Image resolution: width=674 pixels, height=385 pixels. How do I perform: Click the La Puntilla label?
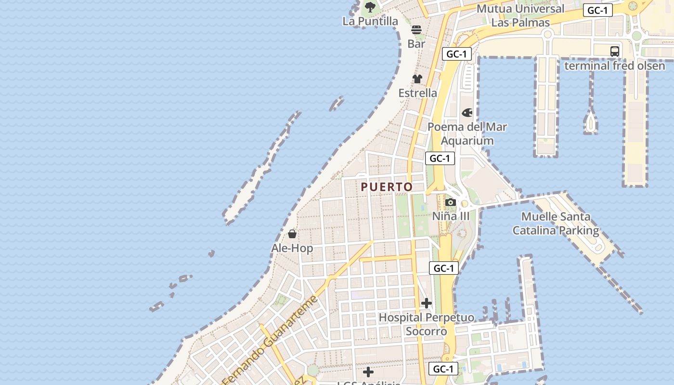370,21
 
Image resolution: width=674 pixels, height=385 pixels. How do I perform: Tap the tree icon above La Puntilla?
370,7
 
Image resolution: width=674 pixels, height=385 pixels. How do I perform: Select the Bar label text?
416,44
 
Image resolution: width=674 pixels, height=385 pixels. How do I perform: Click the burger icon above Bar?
416,30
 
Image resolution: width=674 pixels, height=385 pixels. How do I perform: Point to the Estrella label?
417,93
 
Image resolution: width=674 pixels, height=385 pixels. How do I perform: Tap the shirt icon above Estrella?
417,79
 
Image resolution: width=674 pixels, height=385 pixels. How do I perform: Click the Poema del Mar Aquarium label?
467,134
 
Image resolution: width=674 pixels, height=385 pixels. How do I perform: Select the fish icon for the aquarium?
467,113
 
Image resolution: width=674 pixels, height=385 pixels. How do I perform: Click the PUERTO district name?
387,187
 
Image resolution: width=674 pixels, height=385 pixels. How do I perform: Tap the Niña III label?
451,217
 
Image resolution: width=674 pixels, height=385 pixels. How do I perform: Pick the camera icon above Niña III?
451,203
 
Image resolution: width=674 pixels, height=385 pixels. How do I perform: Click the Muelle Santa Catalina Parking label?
556,224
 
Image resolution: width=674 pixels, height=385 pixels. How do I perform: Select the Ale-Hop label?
292,248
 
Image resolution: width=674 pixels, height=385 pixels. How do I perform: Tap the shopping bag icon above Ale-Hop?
292,234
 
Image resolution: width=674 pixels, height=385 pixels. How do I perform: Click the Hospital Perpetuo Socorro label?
427,324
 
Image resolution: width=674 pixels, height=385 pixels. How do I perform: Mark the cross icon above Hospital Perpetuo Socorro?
427,303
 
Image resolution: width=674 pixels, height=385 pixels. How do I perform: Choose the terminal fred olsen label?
614,66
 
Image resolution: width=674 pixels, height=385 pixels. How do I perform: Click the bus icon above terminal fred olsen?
615,51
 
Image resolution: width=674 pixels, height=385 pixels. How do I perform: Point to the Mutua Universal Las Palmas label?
520,15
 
